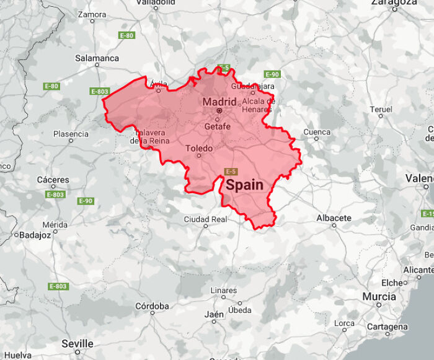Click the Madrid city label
tap(219, 102)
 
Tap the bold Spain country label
tap(244, 185)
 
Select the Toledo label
tap(199, 149)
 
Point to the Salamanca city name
tap(97, 58)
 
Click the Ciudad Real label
tap(205, 219)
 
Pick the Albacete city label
tap(334, 218)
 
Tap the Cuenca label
tap(316, 132)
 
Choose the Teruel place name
tap(381, 109)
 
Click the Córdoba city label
tap(152, 306)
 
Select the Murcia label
tap(379, 297)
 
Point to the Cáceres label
tap(53, 180)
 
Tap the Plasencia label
tap(71, 134)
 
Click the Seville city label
tap(77, 343)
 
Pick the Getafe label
tap(217, 127)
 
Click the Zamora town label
tap(92, 14)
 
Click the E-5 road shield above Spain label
tap(231, 171)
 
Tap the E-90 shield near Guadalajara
tap(272, 74)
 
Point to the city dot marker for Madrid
tap(219, 111)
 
